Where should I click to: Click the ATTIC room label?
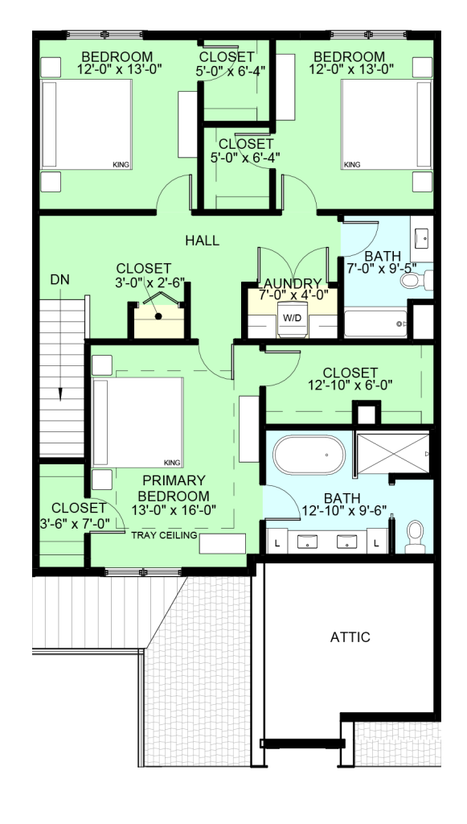[350, 637]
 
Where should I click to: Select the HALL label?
[202, 241]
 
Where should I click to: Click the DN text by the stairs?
[59, 279]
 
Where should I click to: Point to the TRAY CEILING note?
[164, 535]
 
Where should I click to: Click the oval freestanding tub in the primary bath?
[309, 455]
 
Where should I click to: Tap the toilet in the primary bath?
[416, 537]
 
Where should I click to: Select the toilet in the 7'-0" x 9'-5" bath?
[416, 279]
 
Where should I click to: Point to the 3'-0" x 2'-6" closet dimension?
[150, 282]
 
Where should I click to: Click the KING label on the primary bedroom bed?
[172, 463]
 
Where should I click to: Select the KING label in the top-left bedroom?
[121, 164]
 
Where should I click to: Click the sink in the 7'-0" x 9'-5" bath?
[422, 238]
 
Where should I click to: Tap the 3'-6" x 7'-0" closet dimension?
[75, 523]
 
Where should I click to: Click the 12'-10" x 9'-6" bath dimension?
[344, 511]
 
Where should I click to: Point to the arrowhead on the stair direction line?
[60, 394]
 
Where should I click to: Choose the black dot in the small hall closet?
[158, 315]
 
